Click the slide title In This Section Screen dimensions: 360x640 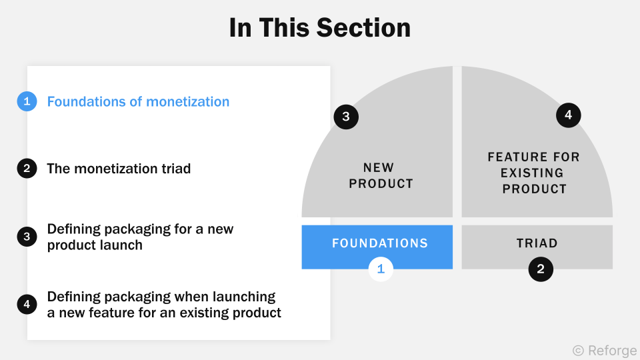click(x=319, y=28)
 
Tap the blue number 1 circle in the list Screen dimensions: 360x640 click(x=27, y=101)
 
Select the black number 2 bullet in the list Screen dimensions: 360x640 click(x=27, y=169)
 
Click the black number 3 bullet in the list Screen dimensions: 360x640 click(x=27, y=237)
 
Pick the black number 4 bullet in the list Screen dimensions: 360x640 click(x=27, y=305)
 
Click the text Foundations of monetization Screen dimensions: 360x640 click(x=138, y=101)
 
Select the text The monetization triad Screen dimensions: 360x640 click(x=119, y=169)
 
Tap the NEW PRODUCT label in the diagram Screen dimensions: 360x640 click(x=381, y=175)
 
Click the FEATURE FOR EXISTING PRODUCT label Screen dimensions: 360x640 click(x=534, y=173)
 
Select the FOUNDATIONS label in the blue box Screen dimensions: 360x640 click(x=380, y=243)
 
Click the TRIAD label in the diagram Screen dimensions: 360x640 click(x=537, y=243)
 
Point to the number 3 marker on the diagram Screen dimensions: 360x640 click(x=346, y=117)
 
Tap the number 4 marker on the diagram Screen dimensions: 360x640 click(x=568, y=115)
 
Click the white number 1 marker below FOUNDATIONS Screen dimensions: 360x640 click(x=381, y=269)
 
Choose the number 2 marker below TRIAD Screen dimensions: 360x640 click(x=541, y=269)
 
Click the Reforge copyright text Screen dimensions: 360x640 click(x=605, y=350)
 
